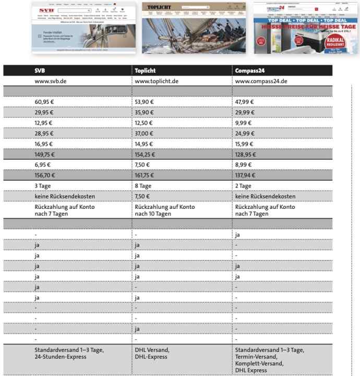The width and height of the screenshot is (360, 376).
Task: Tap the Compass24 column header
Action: pyautogui.click(x=254, y=71)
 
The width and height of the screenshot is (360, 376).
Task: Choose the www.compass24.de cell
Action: pyautogui.click(x=261, y=81)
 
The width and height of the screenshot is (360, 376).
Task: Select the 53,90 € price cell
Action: pyautogui.click(x=144, y=102)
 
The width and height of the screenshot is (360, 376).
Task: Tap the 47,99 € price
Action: pyautogui.click(x=245, y=102)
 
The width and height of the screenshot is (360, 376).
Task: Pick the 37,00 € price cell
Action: pyautogui.click(x=144, y=133)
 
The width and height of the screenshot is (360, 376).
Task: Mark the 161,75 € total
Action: pyautogui.click(x=146, y=175)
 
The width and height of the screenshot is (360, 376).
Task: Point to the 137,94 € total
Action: pyautogui.click(x=246, y=175)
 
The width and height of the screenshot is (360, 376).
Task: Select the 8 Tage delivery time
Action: pyautogui.click(x=143, y=186)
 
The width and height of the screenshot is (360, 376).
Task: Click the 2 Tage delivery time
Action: pyautogui.click(x=244, y=186)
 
